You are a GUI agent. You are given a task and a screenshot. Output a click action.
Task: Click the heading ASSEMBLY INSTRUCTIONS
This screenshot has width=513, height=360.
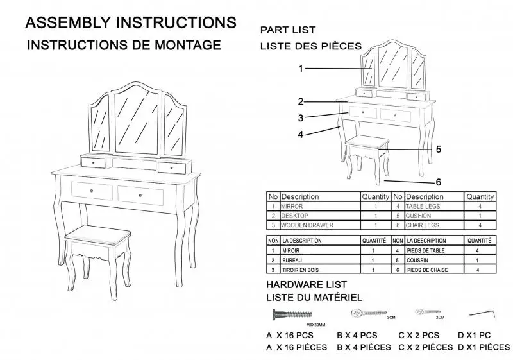(130, 22)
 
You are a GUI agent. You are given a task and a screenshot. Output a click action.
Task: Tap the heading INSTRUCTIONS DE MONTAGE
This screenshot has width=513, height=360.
(124, 46)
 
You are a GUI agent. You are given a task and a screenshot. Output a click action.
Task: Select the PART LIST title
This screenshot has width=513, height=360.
(288, 30)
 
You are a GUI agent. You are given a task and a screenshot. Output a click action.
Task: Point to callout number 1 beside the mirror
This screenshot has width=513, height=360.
(301, 68)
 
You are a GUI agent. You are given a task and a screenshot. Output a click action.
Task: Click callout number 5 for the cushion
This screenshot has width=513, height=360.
(439, 149)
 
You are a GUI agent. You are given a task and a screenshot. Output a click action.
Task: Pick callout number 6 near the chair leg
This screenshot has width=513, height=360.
(439, 182)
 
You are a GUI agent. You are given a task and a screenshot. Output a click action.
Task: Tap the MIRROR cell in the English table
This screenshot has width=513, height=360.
(292, 207)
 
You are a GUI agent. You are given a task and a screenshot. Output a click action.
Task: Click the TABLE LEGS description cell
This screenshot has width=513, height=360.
(423, 207)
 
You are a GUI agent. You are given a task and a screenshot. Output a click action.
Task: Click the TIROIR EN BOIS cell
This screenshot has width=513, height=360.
(301, 270)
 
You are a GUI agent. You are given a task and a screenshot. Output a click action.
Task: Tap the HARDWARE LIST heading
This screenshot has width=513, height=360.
(307, 284)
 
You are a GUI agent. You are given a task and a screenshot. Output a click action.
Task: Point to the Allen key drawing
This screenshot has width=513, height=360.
(482, 313)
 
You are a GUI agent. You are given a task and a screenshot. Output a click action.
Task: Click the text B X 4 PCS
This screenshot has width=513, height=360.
(357, 335)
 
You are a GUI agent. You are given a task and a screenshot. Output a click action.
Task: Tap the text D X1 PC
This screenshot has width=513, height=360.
(475, 335)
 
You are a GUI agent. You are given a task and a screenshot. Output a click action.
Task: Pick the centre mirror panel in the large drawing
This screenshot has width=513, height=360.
(138, 120)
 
